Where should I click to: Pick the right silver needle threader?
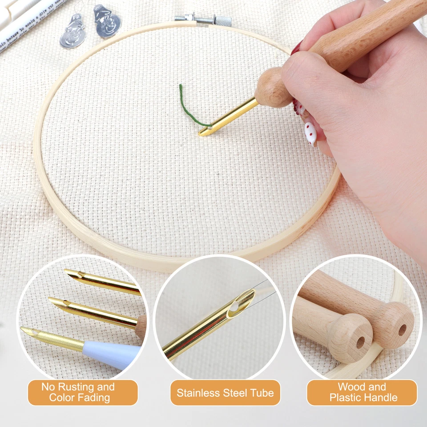click(107, 21)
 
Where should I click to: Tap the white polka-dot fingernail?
click(310, 132)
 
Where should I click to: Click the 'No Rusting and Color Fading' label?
click(83, 392)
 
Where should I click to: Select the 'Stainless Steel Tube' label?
click(225, 393)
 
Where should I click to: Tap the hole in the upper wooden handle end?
click(402, 330)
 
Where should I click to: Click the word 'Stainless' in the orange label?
click(197, 393)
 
